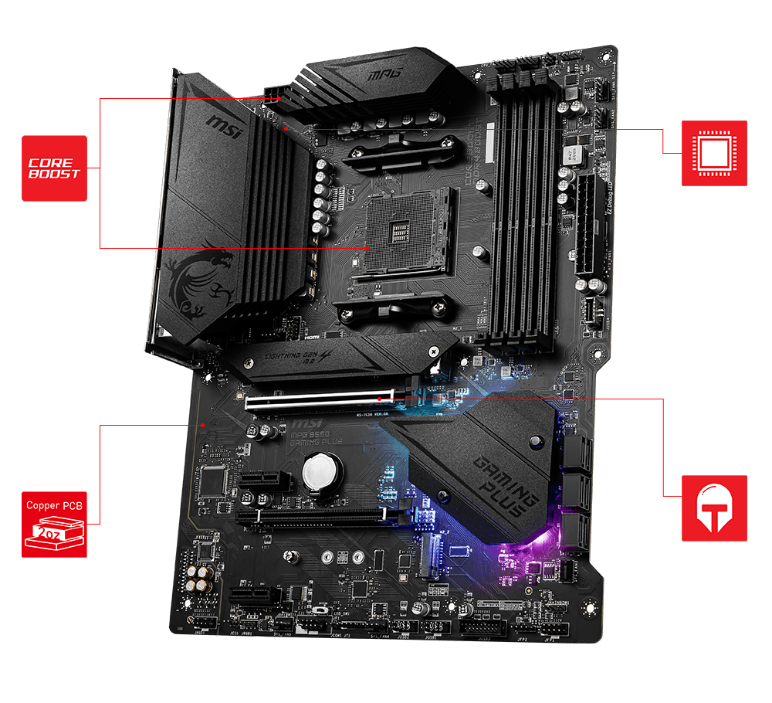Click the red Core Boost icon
tap(54, 168)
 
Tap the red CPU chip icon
tap(714, 153)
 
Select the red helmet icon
tap(714, 508)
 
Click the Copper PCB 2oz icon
tap(54, 523)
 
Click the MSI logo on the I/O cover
tap(225, 126)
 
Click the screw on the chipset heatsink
tap(534, 442)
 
